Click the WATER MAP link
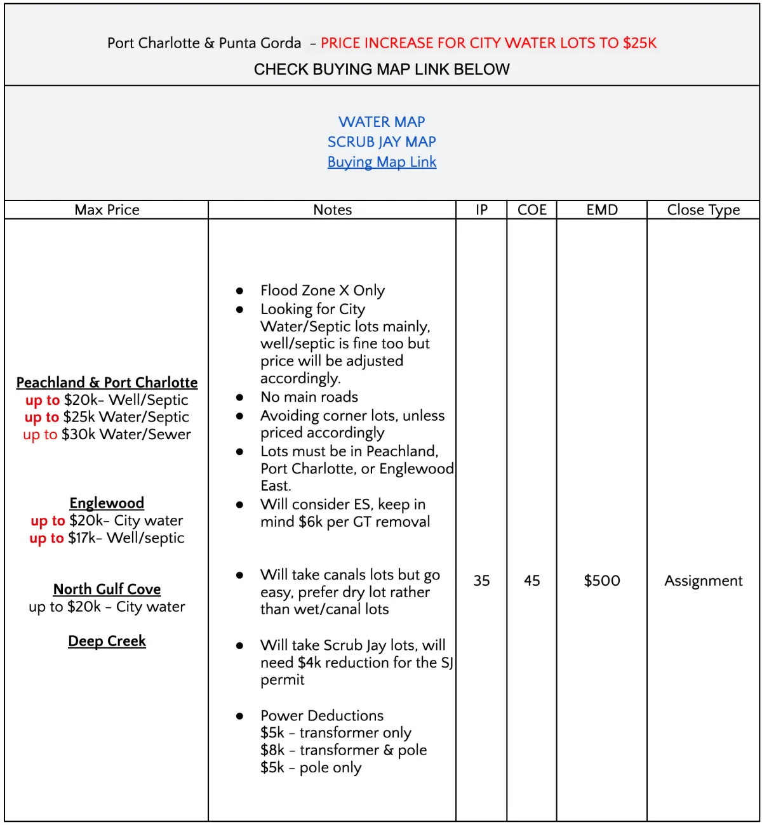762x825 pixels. pyautogui.click(x=382, y=122)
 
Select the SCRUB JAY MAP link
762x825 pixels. pyautogui.click(x=382, y=142)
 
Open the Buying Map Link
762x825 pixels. pyautogui.click(x=382, y=162)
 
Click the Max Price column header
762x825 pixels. pyautogui.click(x=107, y=210)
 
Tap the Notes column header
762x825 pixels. pyautogui.click(x=332, y=210)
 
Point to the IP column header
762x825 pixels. pyautogui.click(x=481, y=210)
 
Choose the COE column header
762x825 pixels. pyautogui.click(x=532, y=210)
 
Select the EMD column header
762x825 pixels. pyautogui.click(x=602, y=210)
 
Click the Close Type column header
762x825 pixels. pyautogui.click(x=704, y=210)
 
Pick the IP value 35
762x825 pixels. pyautogui.click(x=481, y=581)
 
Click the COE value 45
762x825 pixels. pyautogui.click(x=532, y=581)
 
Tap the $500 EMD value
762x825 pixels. pyautogui.click(x=602, y=581)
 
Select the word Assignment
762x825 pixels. pyautogui.click(x=704, y=581)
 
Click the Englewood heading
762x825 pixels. pyautogui.click(x=107, y=503)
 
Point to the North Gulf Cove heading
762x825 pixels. pyautogui.click(x=107, y=590)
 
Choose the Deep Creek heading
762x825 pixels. pyautogui.click(x=107, y=642)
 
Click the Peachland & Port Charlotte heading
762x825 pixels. pyautogui.click(x=107, y=383)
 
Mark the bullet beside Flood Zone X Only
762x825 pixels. pyautogui.click(x=239, y=291)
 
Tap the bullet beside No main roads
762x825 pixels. pyautogui.click(x=239, y=398)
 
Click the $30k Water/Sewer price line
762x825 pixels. pyautogui.click(x=107, y=435)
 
